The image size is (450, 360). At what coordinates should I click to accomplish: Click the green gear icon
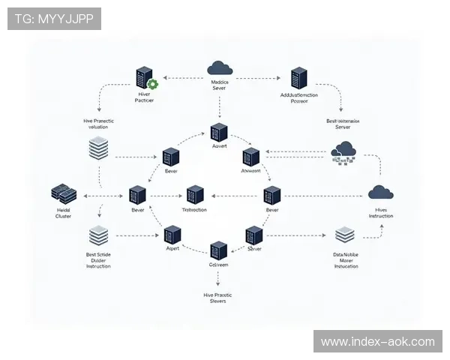click(x=154, y=85)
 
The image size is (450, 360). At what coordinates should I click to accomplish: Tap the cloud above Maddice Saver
click(x=220, y=68)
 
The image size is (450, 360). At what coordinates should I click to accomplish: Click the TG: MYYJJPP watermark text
click(x=54, y=18)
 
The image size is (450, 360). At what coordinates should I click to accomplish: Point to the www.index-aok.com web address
click(x=377, y=341)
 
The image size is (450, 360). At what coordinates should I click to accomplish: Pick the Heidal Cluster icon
click(x=62, y=193)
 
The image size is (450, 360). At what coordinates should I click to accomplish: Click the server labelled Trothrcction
click(x=196, y=194)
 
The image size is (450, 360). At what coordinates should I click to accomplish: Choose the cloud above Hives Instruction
click(x=380, y=192)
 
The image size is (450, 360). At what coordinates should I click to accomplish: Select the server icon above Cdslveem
click(x=218, y=250)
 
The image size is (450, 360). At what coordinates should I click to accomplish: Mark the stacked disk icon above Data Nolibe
click(x=345, y=235)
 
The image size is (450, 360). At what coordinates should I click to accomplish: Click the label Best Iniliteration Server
click(x=343, y=123)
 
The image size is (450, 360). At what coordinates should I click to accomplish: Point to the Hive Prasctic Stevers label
click(x=218, y=298)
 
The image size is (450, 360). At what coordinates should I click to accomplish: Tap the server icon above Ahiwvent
click(x=250, y=157)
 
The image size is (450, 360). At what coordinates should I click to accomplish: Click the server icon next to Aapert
click(x=172, y=234)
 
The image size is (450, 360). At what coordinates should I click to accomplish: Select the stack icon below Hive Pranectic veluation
click(x=99, y=146)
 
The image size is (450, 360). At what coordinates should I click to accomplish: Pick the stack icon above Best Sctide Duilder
click(x=98, y=236)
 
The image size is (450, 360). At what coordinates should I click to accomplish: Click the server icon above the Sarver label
click(x=255, y=235)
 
